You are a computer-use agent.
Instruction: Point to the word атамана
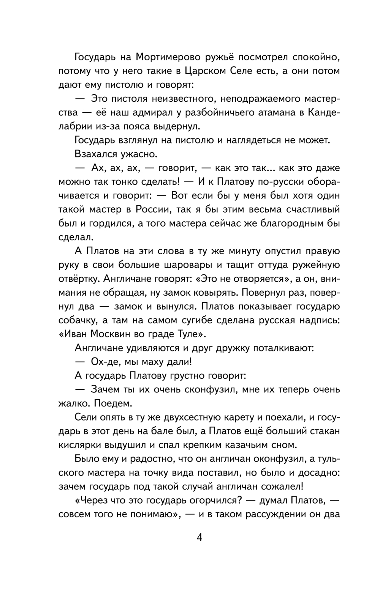click(x=274, y=112)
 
